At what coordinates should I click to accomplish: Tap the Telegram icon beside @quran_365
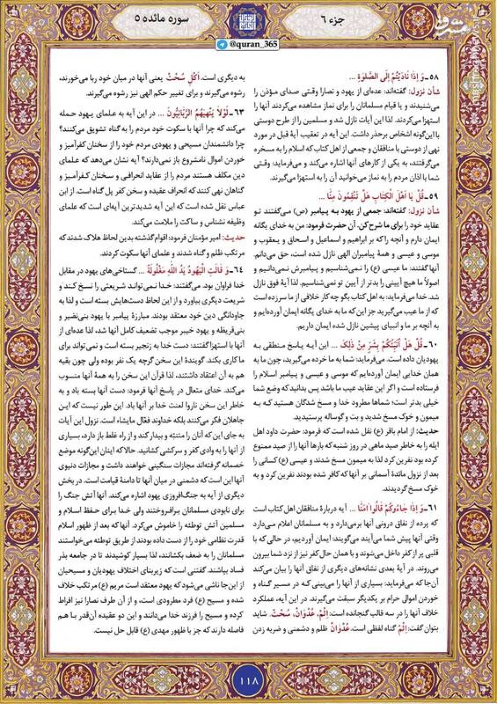(x=223, y=44)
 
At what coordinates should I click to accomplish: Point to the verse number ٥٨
(x=433, y=77)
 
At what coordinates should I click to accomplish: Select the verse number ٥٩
(x=433, y=197)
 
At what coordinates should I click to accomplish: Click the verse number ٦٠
(x=433, y=345)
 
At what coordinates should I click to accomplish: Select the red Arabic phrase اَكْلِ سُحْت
(x=161, y=78)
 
